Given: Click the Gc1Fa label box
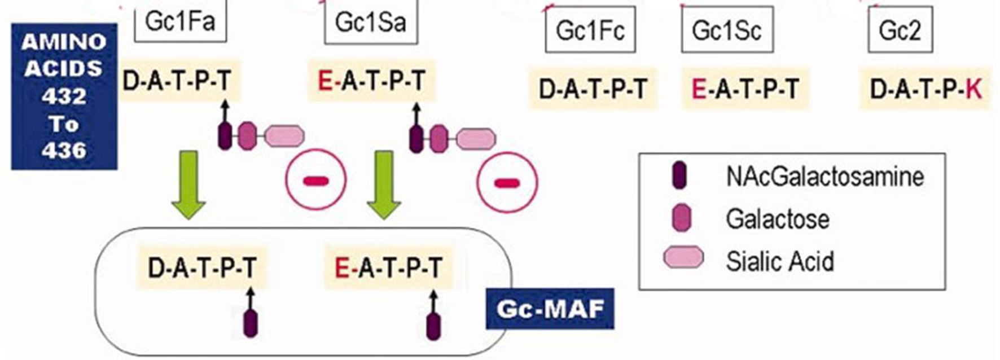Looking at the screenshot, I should click(180, 22).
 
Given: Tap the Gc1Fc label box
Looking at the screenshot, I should click(590, 30).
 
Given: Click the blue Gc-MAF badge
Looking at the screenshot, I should click(550, 309).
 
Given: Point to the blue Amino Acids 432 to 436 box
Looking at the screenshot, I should click(64, 96).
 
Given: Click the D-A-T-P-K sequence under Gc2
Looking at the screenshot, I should click(926, 89).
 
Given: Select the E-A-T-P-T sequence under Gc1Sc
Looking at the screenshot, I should click(745, 89).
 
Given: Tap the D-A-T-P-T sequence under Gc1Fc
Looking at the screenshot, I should click(593, 89).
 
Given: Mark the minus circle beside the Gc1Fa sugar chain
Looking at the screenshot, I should click(316, 181).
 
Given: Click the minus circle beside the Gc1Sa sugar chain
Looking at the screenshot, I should click(507, 182).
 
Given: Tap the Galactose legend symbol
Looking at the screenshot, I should click(682, 218).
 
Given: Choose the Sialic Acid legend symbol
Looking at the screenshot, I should click(683, 258).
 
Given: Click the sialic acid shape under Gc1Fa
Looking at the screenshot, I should click(284, 137).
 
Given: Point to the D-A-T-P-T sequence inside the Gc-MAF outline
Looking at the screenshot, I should click(202, 267).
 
